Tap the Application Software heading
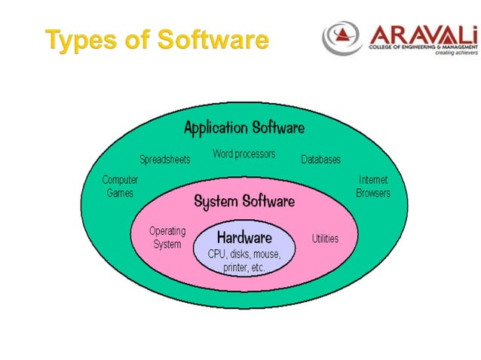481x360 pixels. point(244,127)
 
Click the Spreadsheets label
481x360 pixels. point(164,160)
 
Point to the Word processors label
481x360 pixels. point(244,154)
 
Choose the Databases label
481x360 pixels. point(320,160)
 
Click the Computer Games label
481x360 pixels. point(120,187)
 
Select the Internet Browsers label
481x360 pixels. point(373,187)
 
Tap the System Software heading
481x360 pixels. point(244,201)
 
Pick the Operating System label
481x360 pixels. point(167,238)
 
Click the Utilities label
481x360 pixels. point(325,239)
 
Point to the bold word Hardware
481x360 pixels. point(244,238)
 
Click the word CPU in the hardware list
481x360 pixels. point(218,255)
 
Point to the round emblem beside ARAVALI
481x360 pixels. point(343,38)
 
